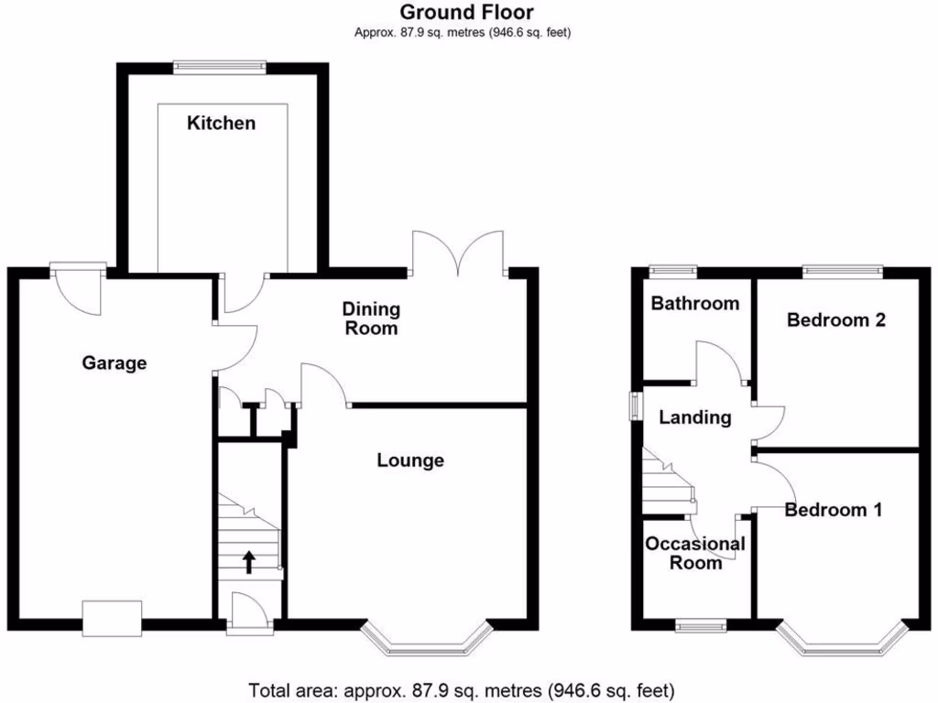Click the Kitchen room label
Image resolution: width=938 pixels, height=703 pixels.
(221, 123)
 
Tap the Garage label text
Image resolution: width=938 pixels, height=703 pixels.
(115, 363)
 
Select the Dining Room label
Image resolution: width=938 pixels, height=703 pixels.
(371, 318)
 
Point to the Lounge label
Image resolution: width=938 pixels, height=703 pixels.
(410, 460)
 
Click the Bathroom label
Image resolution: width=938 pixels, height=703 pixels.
(694, 303)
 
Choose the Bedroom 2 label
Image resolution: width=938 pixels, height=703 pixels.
(836, 320)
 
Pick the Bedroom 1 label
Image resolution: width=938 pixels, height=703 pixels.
(834, 511)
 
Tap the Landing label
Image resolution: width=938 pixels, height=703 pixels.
(696, 418)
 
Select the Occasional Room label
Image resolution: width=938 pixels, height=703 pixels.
(695, 553)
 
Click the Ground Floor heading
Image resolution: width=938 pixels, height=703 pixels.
(467, 12)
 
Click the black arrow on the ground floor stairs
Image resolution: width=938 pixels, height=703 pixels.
(249, 561)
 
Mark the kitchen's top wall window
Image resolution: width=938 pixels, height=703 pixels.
(221, 66)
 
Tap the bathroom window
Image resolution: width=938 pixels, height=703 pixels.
(673, 270)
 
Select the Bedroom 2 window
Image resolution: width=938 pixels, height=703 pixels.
(843, 270)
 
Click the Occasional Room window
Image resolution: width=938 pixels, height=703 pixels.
(701, 626)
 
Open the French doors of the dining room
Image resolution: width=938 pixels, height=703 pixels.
(458, 252)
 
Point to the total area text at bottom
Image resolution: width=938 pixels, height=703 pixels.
(463, 688)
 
